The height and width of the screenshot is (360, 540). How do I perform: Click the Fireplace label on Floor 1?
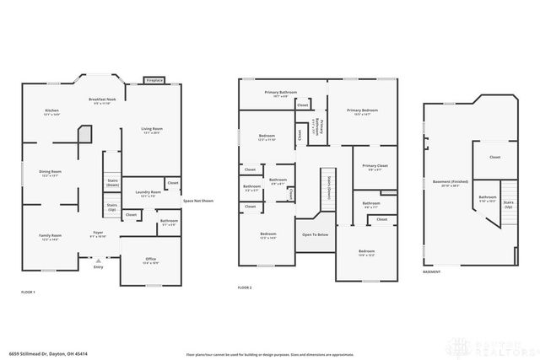154,81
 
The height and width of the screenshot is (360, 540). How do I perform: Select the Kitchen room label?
51,112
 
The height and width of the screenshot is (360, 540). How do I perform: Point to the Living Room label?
152,129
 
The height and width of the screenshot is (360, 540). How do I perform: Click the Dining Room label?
51,173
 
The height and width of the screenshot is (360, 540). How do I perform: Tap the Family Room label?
51,236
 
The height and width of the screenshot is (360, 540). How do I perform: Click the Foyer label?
99,233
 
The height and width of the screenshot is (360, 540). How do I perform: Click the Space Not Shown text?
198,201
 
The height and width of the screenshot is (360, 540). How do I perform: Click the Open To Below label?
315,234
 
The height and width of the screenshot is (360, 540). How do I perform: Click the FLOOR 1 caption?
28,291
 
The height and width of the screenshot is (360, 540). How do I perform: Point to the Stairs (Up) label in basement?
507,204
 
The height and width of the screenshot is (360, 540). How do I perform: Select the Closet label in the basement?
494,157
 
